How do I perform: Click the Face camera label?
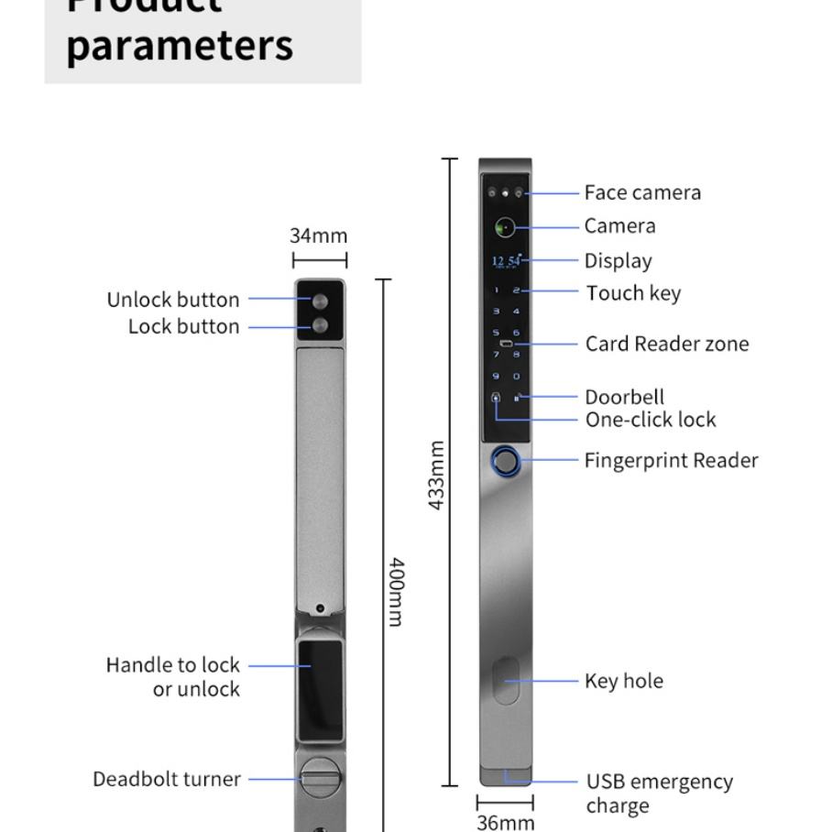click(x=642, y=192)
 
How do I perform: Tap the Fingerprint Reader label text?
click(x=671, y=460)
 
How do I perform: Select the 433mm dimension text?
click(x=437, y=475)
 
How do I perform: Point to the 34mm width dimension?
click(x=319, y=235)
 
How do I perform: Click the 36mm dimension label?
click(x=505, y=822)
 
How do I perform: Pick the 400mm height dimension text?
click(x=396, y=591)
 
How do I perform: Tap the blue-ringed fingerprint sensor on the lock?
click(x=505, y=461)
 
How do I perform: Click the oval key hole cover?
click(x=506, y=680)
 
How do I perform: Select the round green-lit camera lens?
click(x=505, y=227)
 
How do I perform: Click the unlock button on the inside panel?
click(x=320, y=301)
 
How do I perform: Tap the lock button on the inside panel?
click(x=320, y=325)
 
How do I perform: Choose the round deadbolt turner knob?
click(x=320, y=779)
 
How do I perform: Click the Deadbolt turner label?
click(x=167, y=779)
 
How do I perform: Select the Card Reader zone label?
click(x=667, y=344)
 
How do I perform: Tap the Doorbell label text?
click(x=624, y=397)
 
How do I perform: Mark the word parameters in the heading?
click(x=180, y=45)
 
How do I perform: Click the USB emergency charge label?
click(x=659, y=793)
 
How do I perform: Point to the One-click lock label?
click(x=651, y=420)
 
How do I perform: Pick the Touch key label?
click(x=633, y=293)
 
